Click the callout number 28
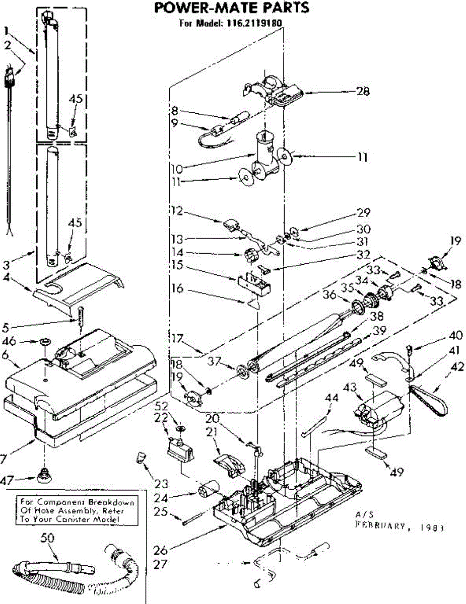(x=363, y=92)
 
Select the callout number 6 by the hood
(x=7, y=355)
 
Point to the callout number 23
(x=160, y=485)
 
